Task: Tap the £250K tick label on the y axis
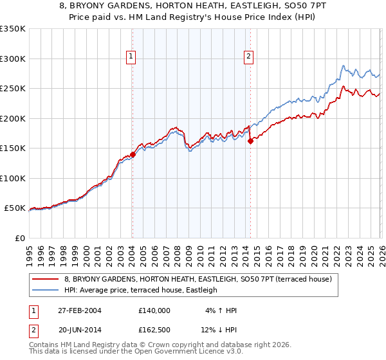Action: tap(13, 88)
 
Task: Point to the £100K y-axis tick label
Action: tap(13, 178)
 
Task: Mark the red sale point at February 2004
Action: tap(133, 154)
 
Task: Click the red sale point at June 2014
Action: tap(250, 141)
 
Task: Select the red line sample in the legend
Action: tap(45, 279)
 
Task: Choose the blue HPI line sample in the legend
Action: tap(45, 290)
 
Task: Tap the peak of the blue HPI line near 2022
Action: tap(344, 66)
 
